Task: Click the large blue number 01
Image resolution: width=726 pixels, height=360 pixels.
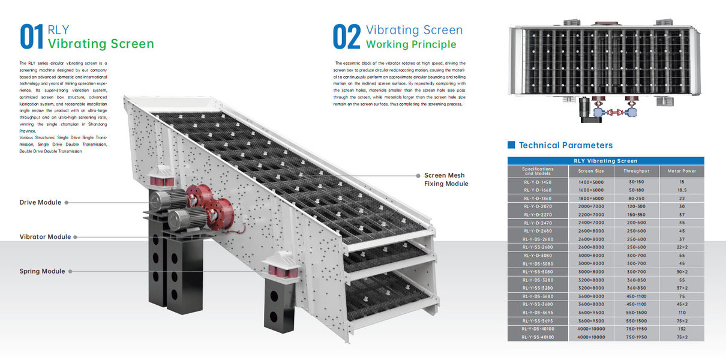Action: click(x=32, y=37)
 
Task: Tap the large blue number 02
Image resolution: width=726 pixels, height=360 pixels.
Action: click(x=347, y=37)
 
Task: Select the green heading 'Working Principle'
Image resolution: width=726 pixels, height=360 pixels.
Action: click(x=411, y=44)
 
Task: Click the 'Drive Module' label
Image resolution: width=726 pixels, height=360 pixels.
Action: click(x=40, y=203)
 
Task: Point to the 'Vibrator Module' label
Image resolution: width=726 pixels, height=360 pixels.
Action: click(x=45, y=237)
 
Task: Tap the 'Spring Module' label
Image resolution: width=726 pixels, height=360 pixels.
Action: click(x=42, y=271)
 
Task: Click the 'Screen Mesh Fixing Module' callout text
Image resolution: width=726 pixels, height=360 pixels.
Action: click(x=446, y=179)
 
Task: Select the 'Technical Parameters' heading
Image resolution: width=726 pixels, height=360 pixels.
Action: click(x=566, y=145)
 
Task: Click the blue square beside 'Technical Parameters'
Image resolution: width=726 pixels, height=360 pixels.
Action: click(x=511, y=145)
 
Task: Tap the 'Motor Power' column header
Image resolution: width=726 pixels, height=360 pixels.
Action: click(x=682, y=171)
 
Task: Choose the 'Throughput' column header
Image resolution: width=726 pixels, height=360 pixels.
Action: click(x=636, y=171)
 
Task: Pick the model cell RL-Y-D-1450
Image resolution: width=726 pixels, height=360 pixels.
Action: click(x=537, y=181)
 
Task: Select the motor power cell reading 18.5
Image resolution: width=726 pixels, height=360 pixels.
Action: click(x=682, y=190)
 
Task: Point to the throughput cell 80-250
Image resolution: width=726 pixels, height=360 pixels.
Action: click(x=636, y=198)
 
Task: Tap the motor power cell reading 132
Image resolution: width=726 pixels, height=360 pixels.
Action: click(x=682, y=329)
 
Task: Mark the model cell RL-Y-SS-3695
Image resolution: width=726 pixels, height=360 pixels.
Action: click(x=537, y=321)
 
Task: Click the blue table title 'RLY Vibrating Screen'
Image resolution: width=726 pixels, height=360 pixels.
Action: click(x=605, y=161)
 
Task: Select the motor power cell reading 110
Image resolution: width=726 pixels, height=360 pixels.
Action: click(x=682, y=313)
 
